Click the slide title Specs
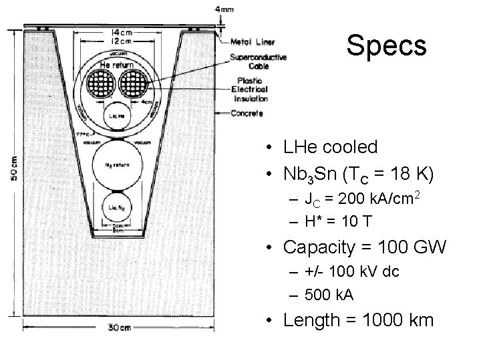[386, 45]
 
